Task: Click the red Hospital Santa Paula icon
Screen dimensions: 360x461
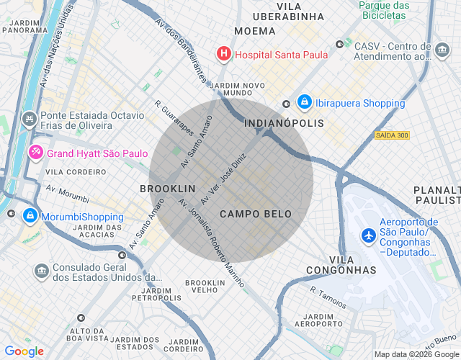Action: [x=224, y=53]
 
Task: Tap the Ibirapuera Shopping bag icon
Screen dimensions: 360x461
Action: [x=305, y=103]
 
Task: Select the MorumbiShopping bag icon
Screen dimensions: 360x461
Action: [x=30, y=216]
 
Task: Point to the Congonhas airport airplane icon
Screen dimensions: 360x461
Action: [x=369, y=235]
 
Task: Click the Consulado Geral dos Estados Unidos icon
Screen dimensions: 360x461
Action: [x=42, y=271]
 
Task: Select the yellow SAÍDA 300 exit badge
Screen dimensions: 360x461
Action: [x=392, y=135]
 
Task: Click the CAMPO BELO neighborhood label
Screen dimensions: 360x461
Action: [x=256, y=214]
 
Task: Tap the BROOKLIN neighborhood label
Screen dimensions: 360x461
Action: [x=167, y=188]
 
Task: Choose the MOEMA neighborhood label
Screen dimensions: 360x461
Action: [x=255, y=31]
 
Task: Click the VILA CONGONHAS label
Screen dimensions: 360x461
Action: [x=341, y=264]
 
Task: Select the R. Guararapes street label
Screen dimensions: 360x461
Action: [x=174, y=117]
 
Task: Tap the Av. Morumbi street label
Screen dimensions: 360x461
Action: [x=68, y=194]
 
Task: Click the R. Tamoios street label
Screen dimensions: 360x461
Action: [x=328, y=296]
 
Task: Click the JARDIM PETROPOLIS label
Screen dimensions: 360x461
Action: [x=156, y=293]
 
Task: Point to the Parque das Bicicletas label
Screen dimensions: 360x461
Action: [x=384, y=10]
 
